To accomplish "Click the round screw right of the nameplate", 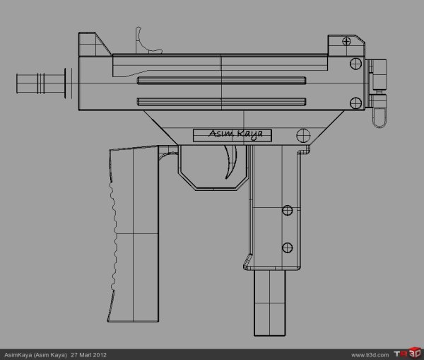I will tap(303, 134).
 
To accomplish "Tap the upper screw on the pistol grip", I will tap(288, 210).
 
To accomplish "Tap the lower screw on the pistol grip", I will tap(288, 247).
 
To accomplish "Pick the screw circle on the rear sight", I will tap(346, 41).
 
